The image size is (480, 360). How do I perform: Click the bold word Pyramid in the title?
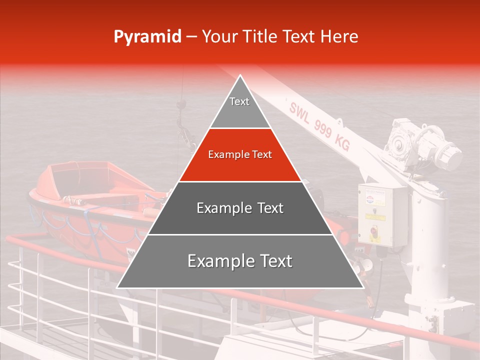click(147, 37)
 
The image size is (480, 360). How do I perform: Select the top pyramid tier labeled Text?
click(239, 102)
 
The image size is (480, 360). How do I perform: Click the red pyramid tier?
click(240, 155)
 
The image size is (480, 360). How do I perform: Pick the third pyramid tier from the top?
click(240, 208)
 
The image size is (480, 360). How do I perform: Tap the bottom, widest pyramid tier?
click(240, 261)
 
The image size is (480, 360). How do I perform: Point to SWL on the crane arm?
click(299, 111)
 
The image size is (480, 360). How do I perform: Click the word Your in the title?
click(220, 37)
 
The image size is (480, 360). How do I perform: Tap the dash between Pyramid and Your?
click(191, 37)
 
